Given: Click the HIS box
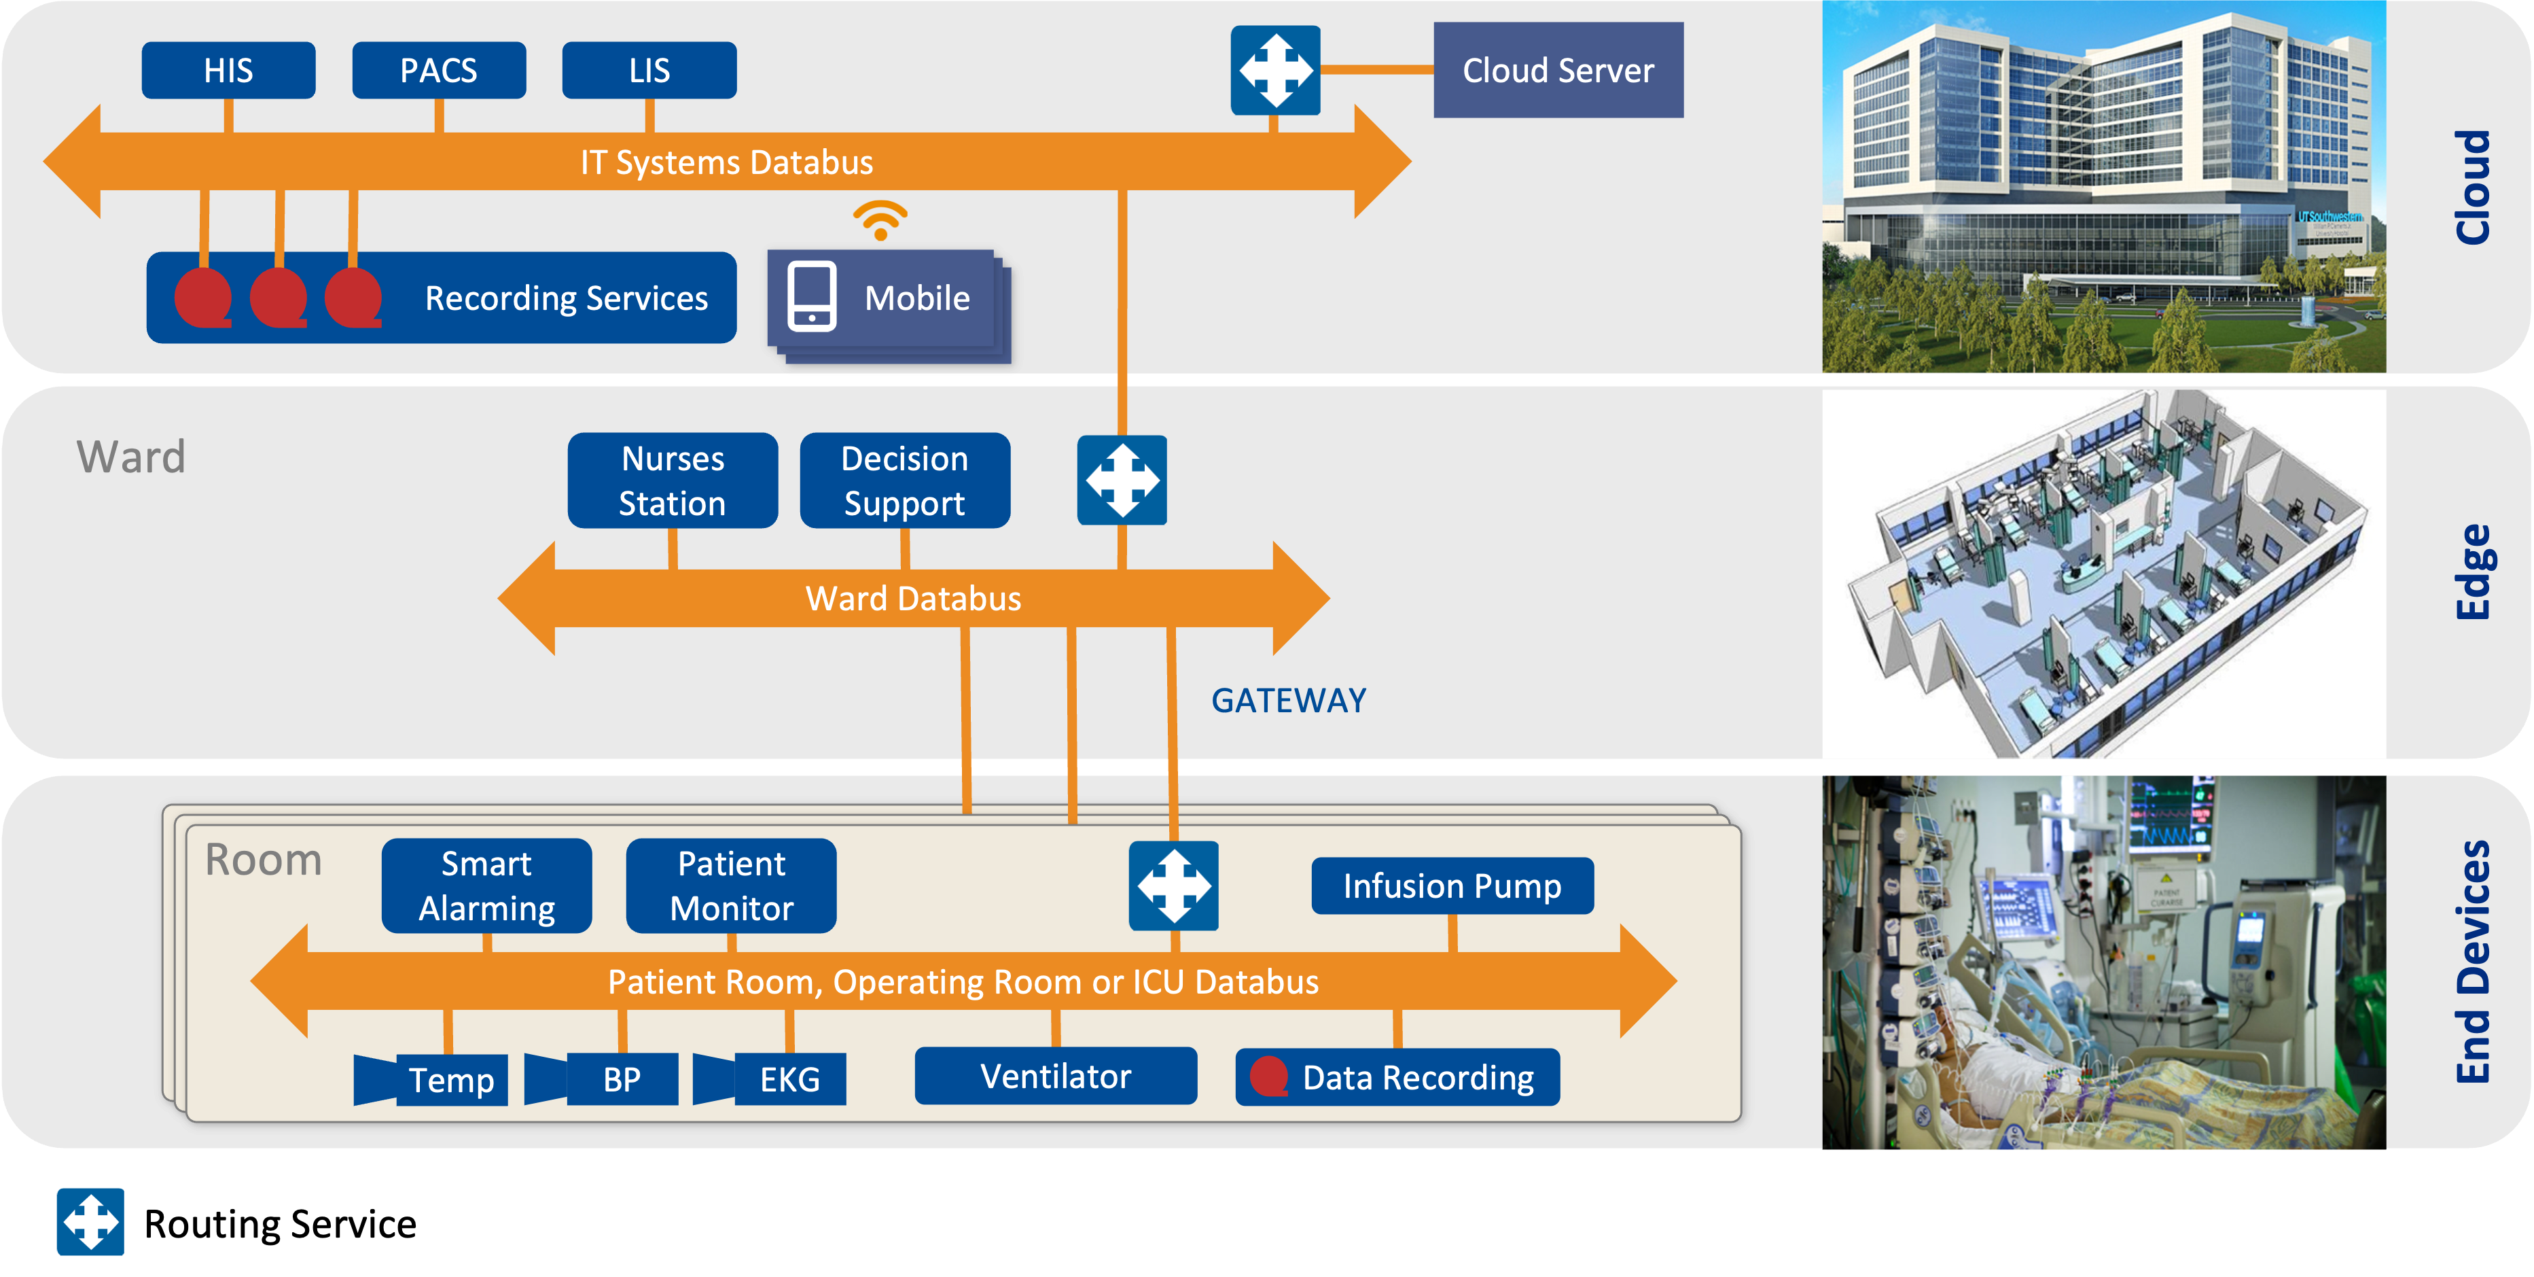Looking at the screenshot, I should [x=228, y=71].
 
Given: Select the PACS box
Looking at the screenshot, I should [x=439, y=71].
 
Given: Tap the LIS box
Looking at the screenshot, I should [x=649, y=71].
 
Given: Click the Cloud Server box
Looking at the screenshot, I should [x=1558, y=71].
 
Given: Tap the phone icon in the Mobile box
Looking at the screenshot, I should [x=812, y=297].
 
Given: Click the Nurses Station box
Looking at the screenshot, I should [x=673, y=481].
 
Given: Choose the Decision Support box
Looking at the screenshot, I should [x=905, y=481].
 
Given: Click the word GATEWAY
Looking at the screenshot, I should [x=1289, y=701].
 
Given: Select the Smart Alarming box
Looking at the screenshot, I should [x=487, y=886].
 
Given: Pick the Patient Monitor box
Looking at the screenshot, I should [x=732, y=886].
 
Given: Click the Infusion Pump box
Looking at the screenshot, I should [x=1452, y=886].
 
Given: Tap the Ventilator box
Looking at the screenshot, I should [x=1056, y=1077].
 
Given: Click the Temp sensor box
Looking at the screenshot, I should [x=450, y=1080].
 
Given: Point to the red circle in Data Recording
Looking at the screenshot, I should [x=1269, y=1077].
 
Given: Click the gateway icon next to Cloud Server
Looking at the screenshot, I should [x=1276, y=71].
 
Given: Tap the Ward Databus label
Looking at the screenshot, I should [x=913, y=598].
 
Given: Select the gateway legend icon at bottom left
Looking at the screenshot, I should [x=90, y=1222].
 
